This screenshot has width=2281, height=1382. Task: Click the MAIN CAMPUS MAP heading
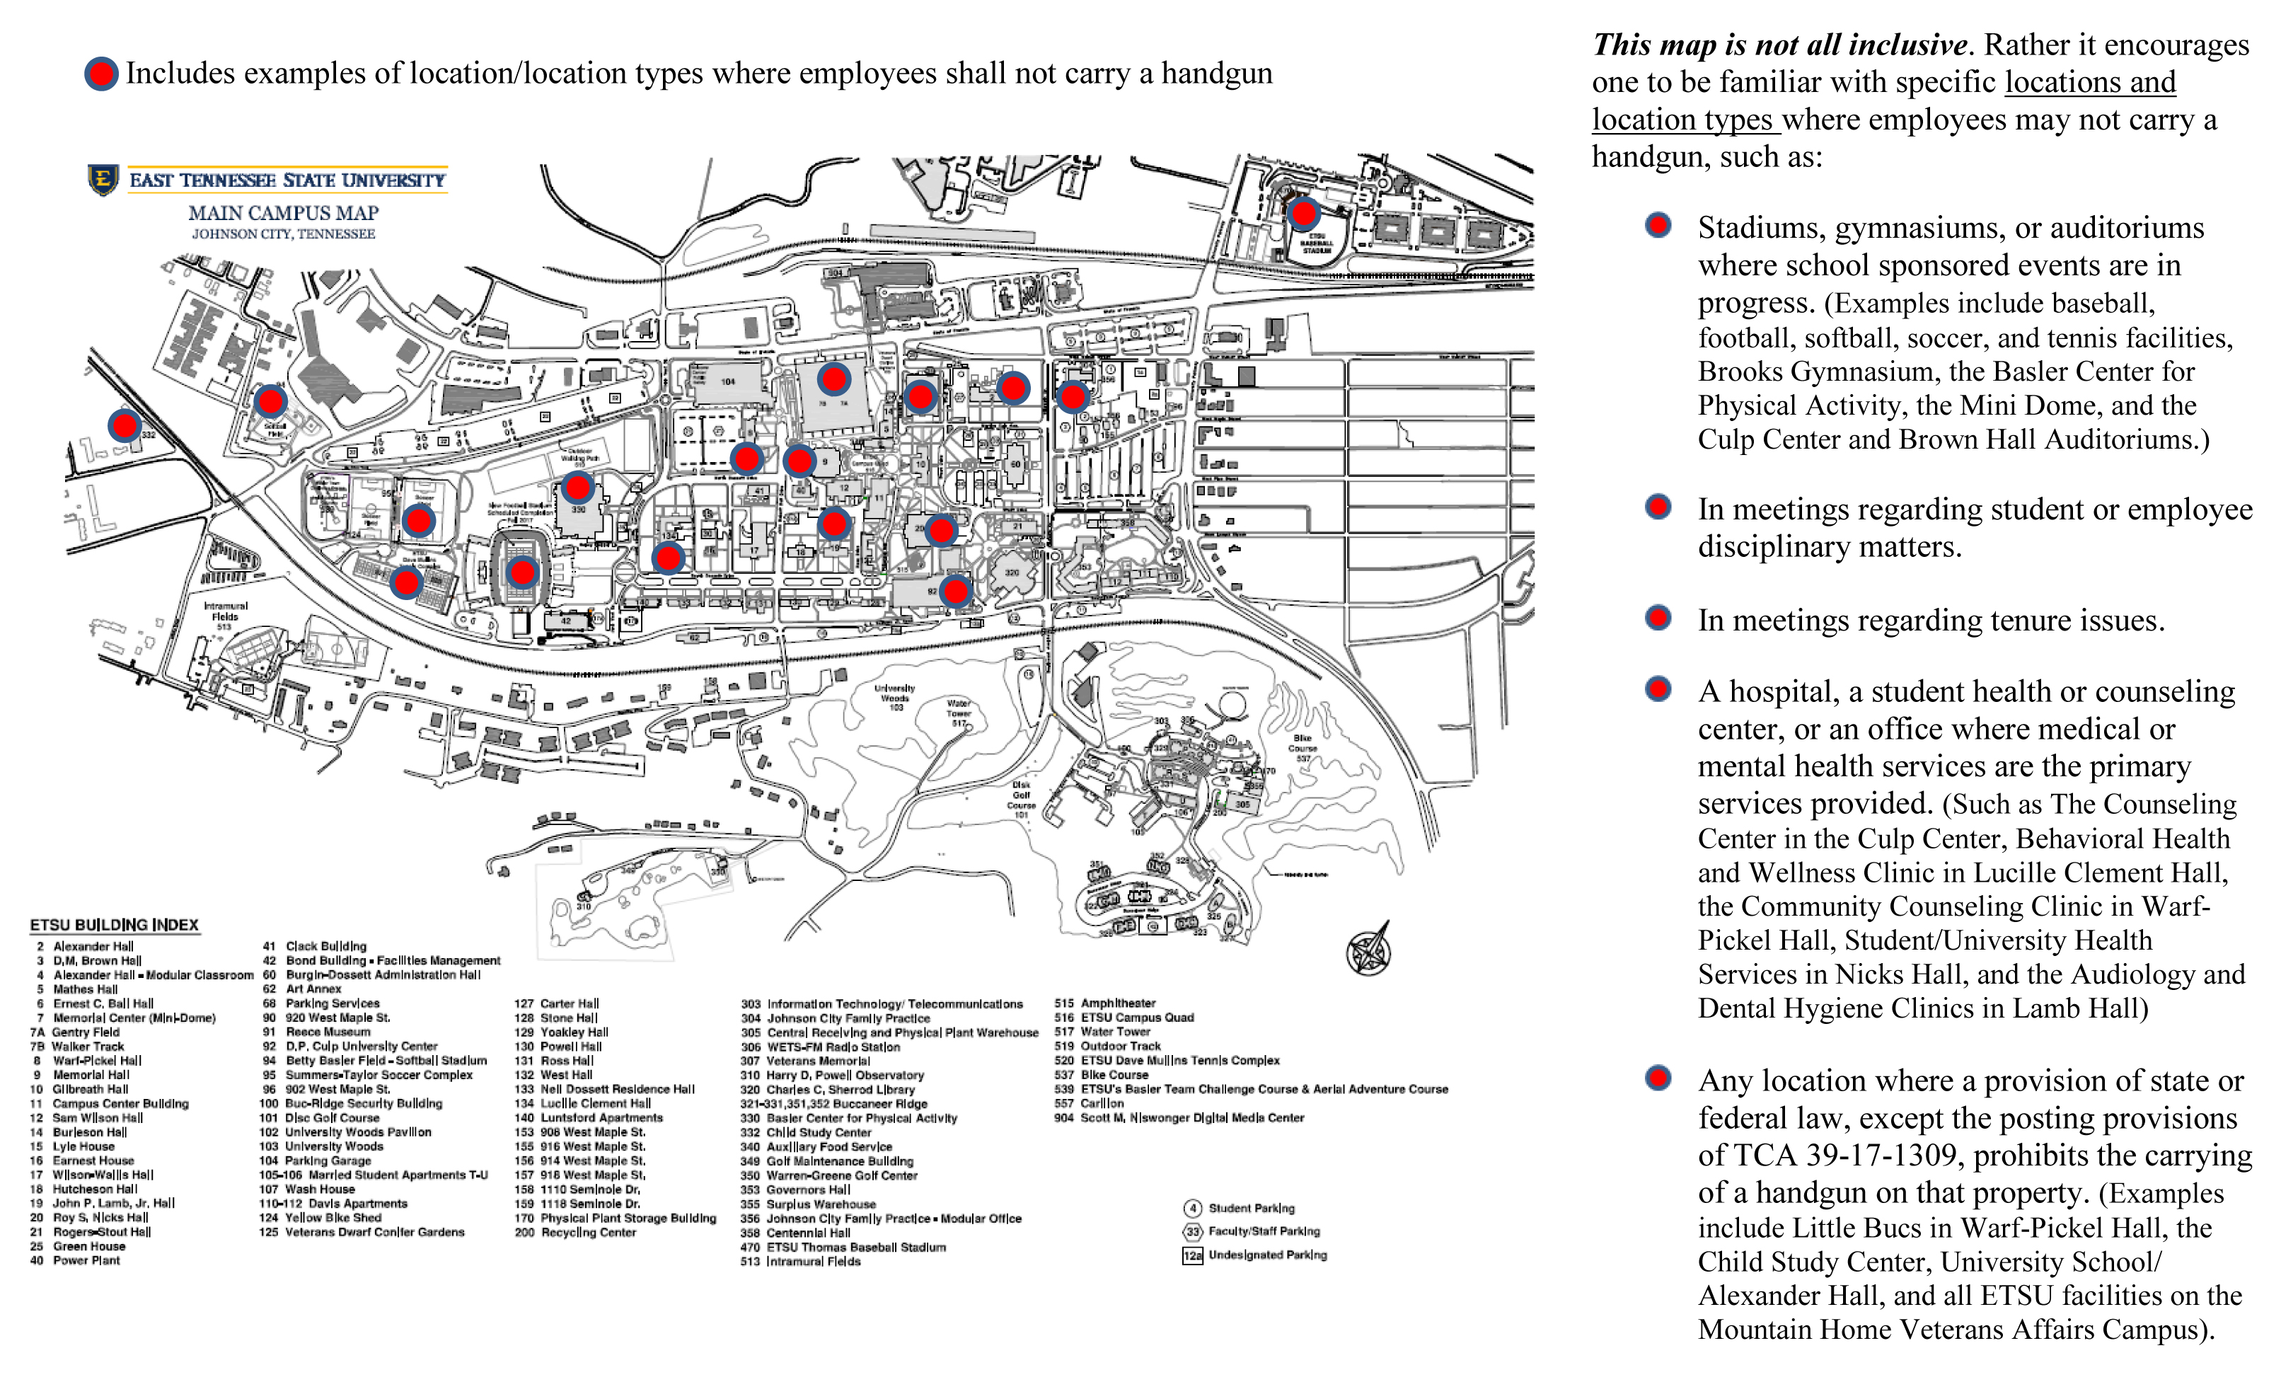pos(283,213)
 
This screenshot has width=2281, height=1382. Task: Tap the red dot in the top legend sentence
pos(101,74)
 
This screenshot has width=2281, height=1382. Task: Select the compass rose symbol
pos(1368,950)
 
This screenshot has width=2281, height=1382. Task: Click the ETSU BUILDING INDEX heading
pos(114,925)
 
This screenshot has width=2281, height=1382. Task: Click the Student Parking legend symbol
pos(1192,1208)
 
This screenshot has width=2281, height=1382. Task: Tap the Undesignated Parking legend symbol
pos(1192,1255)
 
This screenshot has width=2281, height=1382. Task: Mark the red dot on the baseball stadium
pos(1303,214)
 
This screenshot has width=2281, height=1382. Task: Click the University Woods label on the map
pos(894,697)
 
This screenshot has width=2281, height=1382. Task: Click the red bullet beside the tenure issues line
pos(1658,618)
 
